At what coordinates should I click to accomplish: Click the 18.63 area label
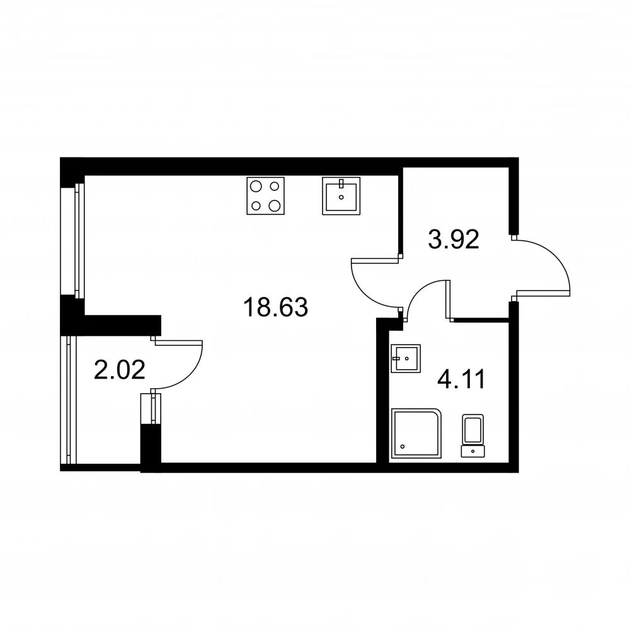tap(276, 307)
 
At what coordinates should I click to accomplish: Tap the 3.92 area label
tap(453, 239)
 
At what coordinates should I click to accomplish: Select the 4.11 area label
tap(461, 379)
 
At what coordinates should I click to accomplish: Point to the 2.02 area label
tap(119, 370)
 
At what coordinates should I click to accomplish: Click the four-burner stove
tap(266, 196)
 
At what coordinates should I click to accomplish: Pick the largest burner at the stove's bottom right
tap(275, 206)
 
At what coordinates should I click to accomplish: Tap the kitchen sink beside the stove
tap(341, 196)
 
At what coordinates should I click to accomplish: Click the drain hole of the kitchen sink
tap(341, 197)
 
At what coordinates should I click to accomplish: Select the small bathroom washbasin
tap(406, 358)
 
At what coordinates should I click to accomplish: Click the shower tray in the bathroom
tap(416, 433)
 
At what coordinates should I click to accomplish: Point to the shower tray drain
tap(403, 447)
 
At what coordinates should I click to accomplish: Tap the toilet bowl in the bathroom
tap(473, 429)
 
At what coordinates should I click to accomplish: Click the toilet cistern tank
tap(473, 451)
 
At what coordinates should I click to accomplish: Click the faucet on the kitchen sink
tap(341, 183)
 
